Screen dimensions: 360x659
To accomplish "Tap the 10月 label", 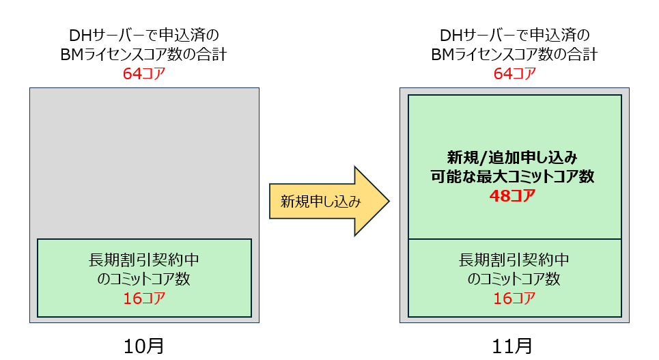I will click(144, 346).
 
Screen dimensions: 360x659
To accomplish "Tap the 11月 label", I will click(514, 346).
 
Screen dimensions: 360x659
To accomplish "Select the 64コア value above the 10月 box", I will click(144, 74).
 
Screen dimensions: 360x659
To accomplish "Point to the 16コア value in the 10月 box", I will click(144, 299).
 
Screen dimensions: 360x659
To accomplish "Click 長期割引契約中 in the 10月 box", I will click(144, 260).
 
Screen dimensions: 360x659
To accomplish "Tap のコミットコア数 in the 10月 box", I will click(144, 279).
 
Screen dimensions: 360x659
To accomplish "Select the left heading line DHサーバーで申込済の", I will click(144, 36).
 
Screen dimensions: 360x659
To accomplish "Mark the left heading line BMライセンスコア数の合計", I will click(144, 55).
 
